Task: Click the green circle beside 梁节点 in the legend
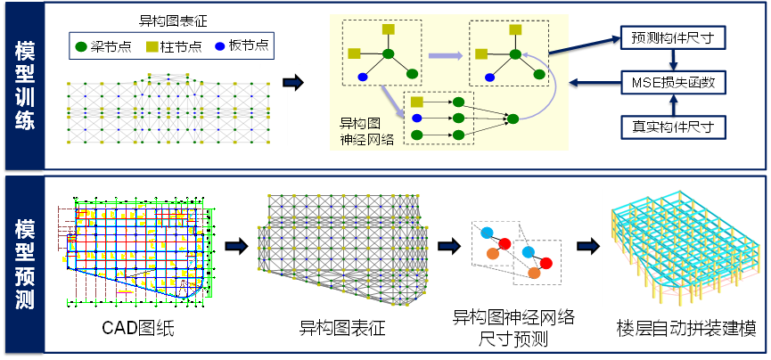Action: click(x=82, y=46)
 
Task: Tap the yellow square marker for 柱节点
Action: click(x=152, y=46)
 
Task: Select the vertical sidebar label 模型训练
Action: click(x=24, y=86)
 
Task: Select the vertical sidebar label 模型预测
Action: click(x=24, y=265)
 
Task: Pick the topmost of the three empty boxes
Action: click(x=673, y=37)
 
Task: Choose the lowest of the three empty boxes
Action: click(x=673, y=127)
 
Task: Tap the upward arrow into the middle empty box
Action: click(x=674, y=105)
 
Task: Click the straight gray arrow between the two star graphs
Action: click(x=445, y=55)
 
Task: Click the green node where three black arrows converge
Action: click(x=513, y=119)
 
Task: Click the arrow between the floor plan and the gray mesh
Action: click(x=236, y=246)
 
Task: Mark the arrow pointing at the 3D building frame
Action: click(x=587, y=247)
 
